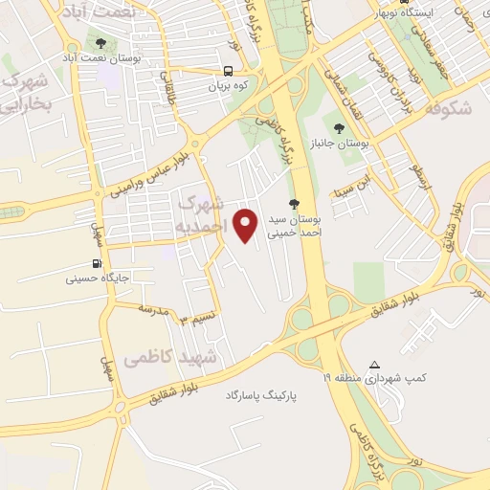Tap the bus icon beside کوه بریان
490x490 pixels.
(x=228, y=71)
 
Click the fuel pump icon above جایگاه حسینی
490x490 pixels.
(x=97, y=264)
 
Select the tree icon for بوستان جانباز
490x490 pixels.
(x=338, y=126)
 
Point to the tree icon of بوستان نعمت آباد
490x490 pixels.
(x=100, y=42)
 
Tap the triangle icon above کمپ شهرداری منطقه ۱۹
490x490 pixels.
(x=374, y=365)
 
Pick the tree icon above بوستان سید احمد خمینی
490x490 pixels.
(x=294, y=203)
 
